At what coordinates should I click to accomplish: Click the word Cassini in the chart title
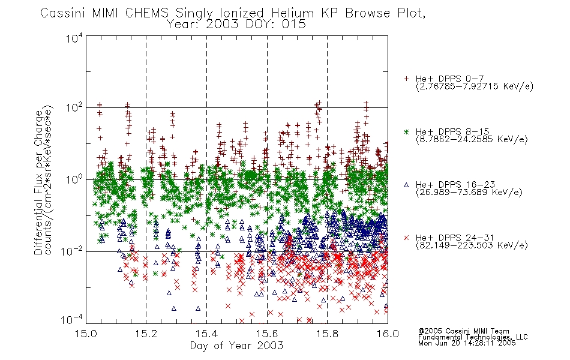[63, 13]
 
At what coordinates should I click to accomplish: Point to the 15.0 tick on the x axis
[86, 334]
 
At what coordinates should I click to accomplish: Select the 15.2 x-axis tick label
[146, 334]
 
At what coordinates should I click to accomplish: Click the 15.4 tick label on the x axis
[206, 334]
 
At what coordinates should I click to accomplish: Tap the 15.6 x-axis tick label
[267, 334]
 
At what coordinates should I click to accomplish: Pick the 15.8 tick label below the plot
[327, 334]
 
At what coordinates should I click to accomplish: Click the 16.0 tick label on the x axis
[388, 334]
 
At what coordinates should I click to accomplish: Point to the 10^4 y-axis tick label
[74, 38]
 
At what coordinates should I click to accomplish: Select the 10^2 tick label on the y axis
[74, 109]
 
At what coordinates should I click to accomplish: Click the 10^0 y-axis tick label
[74, 180]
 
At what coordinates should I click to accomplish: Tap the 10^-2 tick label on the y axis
[71, 251]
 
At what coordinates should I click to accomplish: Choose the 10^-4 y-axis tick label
[71, 320]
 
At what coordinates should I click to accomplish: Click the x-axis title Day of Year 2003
[236, 346]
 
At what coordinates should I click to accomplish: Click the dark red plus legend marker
[406, 79]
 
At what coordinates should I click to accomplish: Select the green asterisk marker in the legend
[406, 131]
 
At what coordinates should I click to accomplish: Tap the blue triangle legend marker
[406, 185]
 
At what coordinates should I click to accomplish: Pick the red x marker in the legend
[406, 238]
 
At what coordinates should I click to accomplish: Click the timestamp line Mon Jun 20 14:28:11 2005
[467, 343]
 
